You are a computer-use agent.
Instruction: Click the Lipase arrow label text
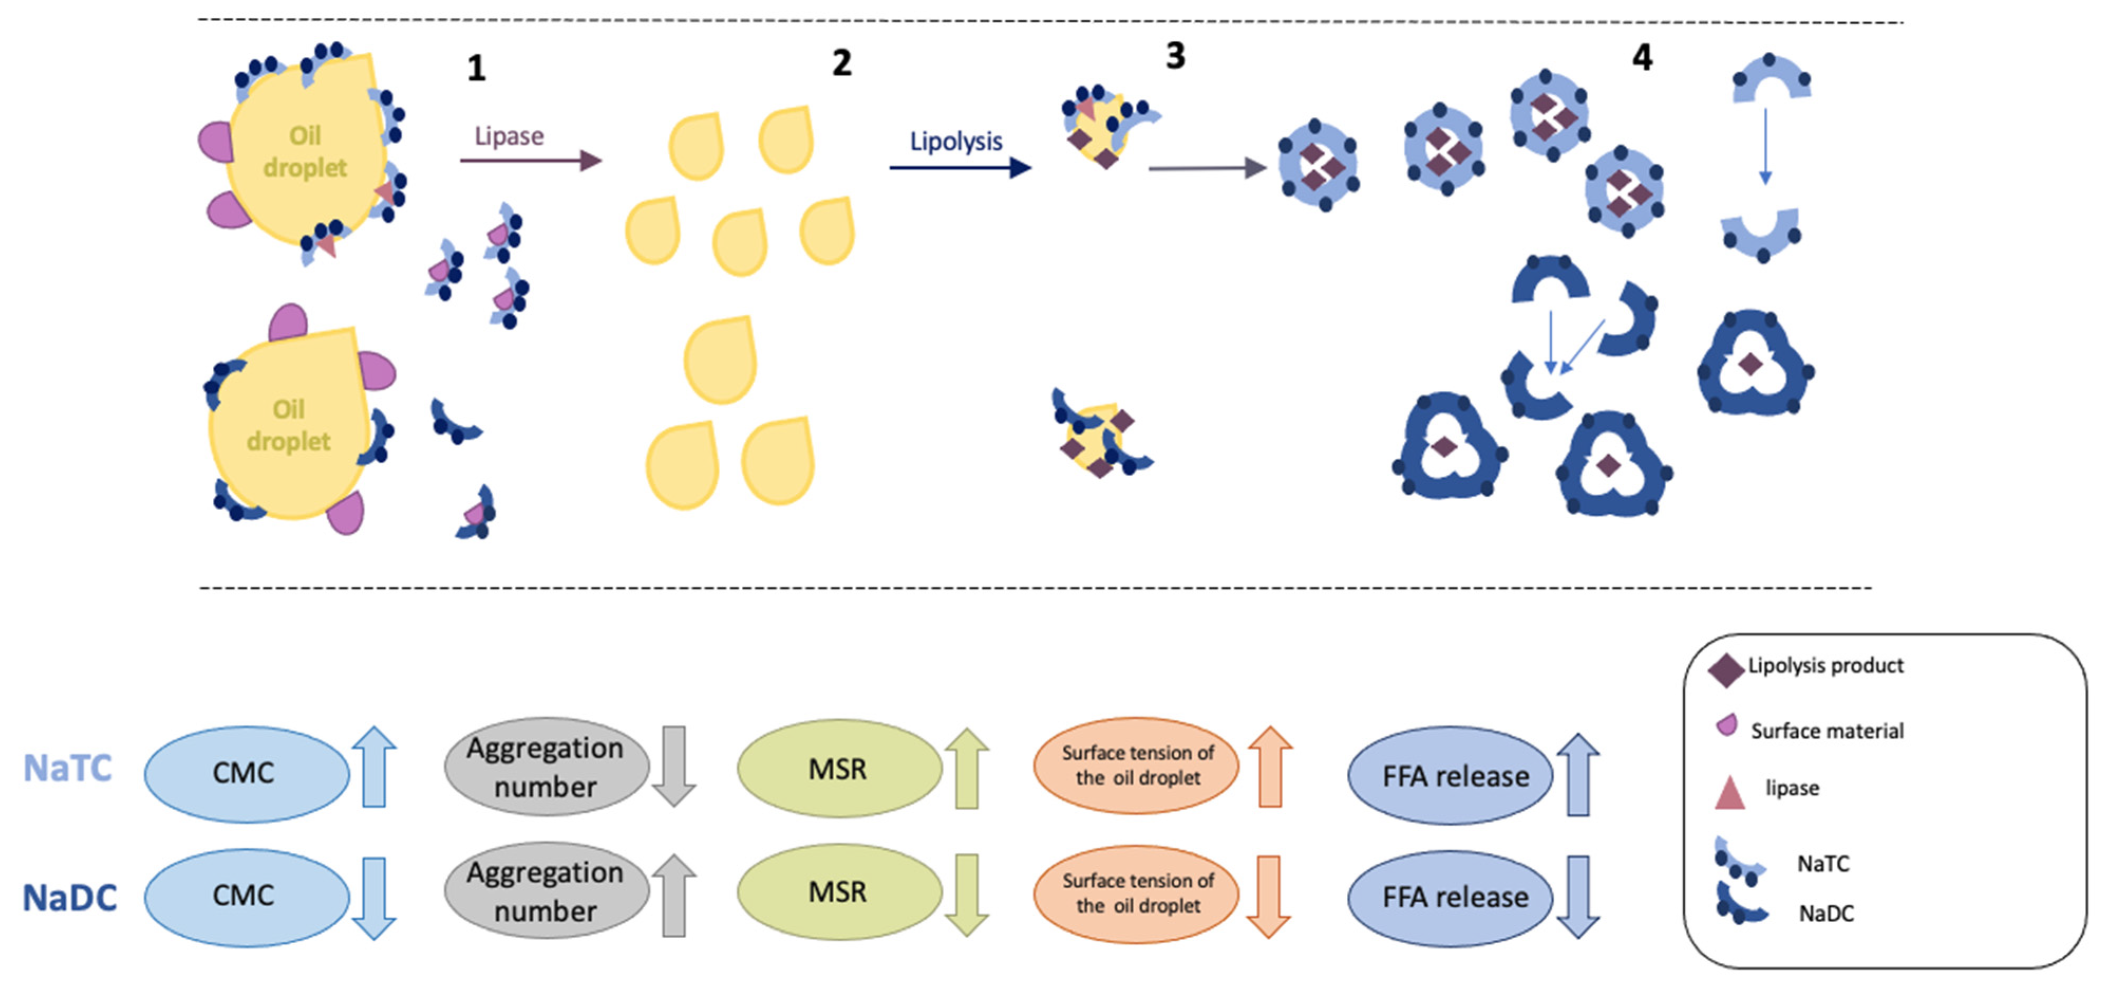[509, 136]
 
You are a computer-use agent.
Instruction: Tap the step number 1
[476, 68]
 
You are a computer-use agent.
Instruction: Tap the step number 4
[1641, 57]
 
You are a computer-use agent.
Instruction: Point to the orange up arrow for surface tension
[1270, 766]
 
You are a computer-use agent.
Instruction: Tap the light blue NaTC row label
[68, 768]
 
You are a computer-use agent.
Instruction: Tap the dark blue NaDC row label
[70, 898]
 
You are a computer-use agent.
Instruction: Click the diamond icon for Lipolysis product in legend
[1726, 671]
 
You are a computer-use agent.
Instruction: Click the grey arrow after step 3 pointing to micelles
[1207, 168]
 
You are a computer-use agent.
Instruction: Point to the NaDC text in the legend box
[1826, 914]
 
